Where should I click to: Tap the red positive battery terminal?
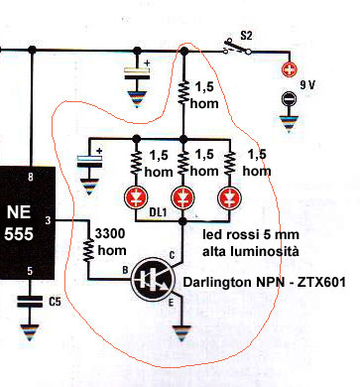pyautogui.click(x=289, y=71)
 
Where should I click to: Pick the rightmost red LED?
pyautogui.click(x=228, y=195)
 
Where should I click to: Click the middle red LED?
pyautogui.click(x=183, y=195)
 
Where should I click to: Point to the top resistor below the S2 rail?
pyautogui.click(x=183, y=97)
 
